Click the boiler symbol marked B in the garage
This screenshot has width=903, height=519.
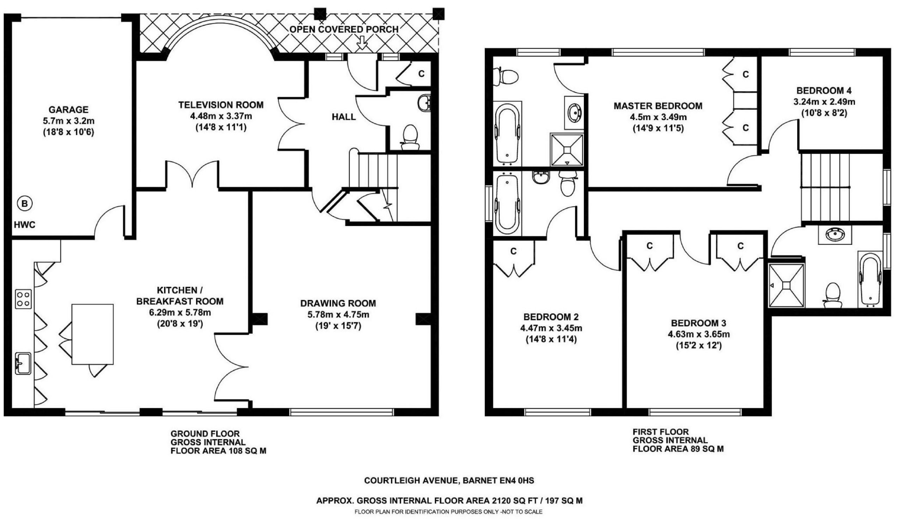point(25,204)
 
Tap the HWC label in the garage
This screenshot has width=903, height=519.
point(25,225)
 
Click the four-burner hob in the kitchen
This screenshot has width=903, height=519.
point(23,299)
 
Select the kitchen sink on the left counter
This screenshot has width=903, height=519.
point(23,363)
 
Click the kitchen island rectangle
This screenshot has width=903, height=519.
point(93,334)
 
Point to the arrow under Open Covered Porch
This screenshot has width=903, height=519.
point(363,43)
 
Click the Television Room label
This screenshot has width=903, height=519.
point(221,105)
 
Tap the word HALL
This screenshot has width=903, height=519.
point(344,117)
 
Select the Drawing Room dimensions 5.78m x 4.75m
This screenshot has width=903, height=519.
point(338,315)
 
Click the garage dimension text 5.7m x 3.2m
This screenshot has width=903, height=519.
point(68,121)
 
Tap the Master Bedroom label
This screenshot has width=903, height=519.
point(658,106)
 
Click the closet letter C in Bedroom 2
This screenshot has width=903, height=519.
point(513,251)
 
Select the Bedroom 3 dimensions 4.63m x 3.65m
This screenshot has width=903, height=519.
point(698,334)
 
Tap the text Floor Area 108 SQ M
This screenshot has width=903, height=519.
point(218,450)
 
